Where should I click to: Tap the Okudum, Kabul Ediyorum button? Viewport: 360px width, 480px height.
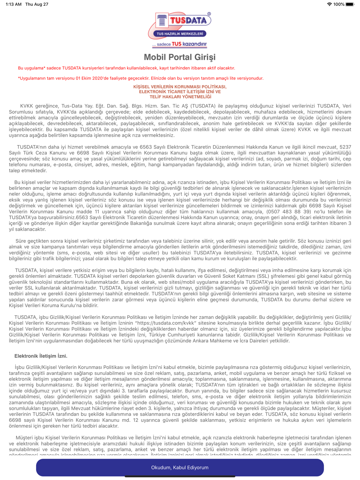pos(180,467)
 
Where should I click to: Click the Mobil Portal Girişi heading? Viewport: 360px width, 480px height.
pos(180,57)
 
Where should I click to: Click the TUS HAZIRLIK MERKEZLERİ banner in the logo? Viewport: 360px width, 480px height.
pos(180,34)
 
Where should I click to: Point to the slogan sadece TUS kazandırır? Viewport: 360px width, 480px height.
pos(180,44)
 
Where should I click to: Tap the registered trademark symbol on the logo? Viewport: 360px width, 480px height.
pos(209,14)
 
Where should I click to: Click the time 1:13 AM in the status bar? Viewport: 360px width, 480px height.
pos(14,4)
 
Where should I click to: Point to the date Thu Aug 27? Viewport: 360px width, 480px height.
pos(37,4)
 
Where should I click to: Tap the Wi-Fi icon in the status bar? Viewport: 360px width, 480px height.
pos(329,4)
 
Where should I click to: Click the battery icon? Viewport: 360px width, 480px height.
pos(350,4)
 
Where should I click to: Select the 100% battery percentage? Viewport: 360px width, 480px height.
pos(338,4)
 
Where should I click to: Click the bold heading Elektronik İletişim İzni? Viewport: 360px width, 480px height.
pos(41,356)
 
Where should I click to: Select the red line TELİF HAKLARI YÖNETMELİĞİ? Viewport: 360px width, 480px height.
pos(180,97)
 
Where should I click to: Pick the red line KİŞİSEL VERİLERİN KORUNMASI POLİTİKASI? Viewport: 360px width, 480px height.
pos(180,87)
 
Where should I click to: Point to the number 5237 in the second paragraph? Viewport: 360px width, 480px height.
pos(345,147)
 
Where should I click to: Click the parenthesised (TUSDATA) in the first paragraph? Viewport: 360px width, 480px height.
pos(203,106)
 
